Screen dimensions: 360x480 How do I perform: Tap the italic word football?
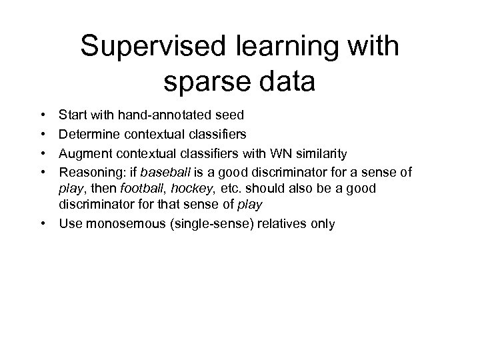(x=143, y=189)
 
